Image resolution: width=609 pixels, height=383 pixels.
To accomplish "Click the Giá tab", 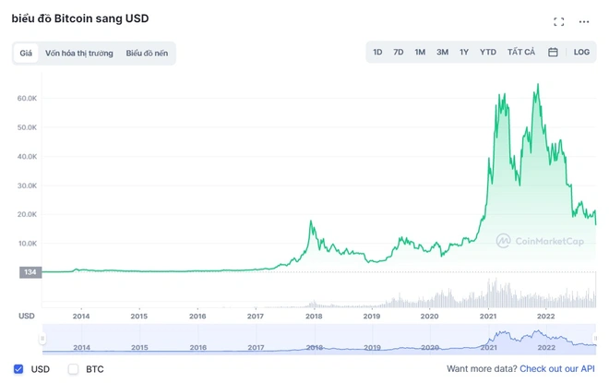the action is tap(26, 54).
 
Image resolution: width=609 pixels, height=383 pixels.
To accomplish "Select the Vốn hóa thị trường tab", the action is tap(78, 54).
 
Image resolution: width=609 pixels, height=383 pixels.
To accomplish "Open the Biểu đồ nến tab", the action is tap(147, 54).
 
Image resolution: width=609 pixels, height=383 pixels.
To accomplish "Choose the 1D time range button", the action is tap(377, 52).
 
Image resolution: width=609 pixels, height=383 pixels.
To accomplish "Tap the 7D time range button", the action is tap(398, 52).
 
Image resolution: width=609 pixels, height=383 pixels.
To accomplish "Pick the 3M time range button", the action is tap(442, 52).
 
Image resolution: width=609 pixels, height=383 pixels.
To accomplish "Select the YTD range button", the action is tap(488, 52).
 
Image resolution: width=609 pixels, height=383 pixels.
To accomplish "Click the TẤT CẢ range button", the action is tap(521, 52).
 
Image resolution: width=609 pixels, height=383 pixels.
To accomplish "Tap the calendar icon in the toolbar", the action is tap(553, 52).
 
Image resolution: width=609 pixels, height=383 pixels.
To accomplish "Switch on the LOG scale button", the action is tap(581, 52).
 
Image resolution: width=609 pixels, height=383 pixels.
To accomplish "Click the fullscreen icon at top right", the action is tap(559, 22).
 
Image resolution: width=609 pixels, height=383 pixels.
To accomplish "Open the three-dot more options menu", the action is tap(584, 22).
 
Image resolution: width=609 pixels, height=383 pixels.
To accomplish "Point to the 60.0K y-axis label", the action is tap(27, 98).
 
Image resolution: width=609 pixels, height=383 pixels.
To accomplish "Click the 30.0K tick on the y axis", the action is tap(27, 186).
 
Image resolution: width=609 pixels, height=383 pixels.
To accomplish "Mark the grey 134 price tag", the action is tap(30, 272).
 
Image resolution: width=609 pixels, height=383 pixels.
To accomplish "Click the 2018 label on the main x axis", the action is tap(314, 317).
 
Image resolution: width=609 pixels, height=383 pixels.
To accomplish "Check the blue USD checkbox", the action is tap(18, 369).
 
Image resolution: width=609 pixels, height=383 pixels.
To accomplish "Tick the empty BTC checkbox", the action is tap(73, 369).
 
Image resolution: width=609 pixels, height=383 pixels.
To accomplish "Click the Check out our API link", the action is tap(557, 368).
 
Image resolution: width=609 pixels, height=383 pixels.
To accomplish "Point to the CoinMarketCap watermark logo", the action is tap(504, 241).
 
